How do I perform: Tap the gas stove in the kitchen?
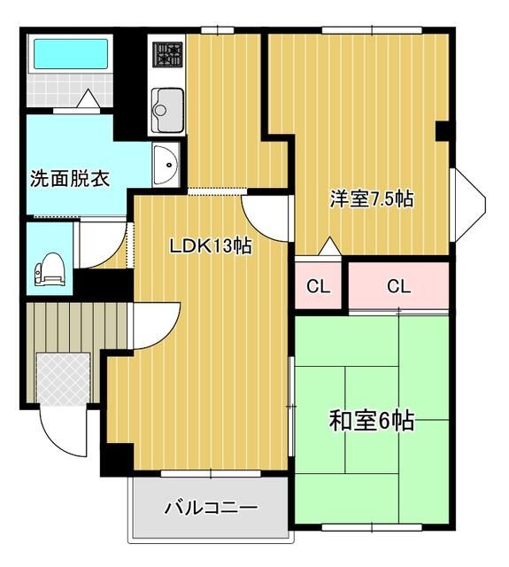pos(166,57)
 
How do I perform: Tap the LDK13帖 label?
pos(211,246)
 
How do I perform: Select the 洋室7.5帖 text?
pos(371,198)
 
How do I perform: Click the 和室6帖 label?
pos(372,421)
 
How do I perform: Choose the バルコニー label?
pos(211,509)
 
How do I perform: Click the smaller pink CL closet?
pos(318,285)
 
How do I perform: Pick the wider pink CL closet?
pos(398,285)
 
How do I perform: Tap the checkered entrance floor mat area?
pos(64,378)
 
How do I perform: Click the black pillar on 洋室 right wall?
pos(444,130)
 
